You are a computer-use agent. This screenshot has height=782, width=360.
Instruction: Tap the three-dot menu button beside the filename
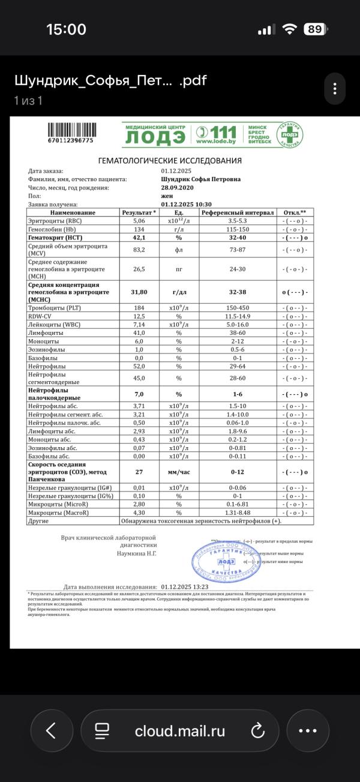pos(334,89)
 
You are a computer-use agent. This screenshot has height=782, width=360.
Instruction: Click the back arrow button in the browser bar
pos(51,730)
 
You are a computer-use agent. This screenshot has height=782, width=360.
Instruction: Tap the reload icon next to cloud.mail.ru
pos(257,730)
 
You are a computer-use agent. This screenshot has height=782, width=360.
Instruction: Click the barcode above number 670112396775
pos(70,130)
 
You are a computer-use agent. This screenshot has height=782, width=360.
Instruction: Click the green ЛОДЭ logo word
pos(155,138)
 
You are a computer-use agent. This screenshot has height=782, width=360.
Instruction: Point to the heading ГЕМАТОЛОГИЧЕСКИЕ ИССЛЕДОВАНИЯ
pos(170,160)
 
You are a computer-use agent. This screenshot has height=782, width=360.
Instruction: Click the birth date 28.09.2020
pos(176,187)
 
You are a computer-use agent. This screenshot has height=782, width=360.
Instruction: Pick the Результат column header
pos(139,212)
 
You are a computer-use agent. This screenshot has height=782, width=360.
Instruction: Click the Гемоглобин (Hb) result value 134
pos(139,229)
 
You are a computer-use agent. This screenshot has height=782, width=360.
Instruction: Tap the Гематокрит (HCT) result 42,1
pos(139,238)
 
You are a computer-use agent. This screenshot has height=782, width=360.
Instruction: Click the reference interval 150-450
pos(238,308)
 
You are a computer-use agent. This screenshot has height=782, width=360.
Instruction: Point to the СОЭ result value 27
pos(139,472)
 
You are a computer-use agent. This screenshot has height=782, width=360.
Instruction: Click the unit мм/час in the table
pos(178,472)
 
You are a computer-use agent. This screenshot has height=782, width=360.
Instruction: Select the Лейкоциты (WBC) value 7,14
pos(139,324)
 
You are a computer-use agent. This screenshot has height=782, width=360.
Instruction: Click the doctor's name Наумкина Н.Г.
pos(136,553)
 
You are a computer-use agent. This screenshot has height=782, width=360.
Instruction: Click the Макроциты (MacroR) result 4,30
pos(139,513)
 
